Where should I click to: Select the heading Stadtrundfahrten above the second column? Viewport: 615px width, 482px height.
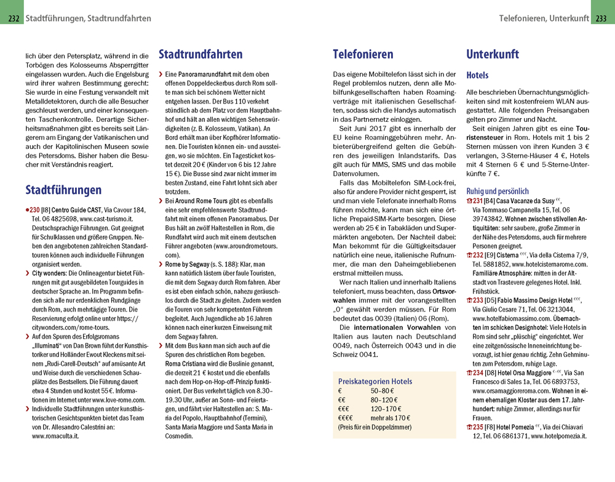[200, 55]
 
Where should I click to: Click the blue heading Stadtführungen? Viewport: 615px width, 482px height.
[63, 190]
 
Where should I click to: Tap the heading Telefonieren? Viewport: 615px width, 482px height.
[363, 55]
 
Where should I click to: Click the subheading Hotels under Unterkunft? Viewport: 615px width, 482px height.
[477, 76]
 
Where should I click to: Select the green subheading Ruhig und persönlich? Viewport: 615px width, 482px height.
[498, 191]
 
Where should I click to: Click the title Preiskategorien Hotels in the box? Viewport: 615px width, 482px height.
[375, 382]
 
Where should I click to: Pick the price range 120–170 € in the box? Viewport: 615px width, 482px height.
[386, 409]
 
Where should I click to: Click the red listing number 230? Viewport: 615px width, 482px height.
[34, 210]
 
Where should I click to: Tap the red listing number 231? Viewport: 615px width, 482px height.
[477, 201]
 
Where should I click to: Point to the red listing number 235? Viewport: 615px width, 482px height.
[477, 427]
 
